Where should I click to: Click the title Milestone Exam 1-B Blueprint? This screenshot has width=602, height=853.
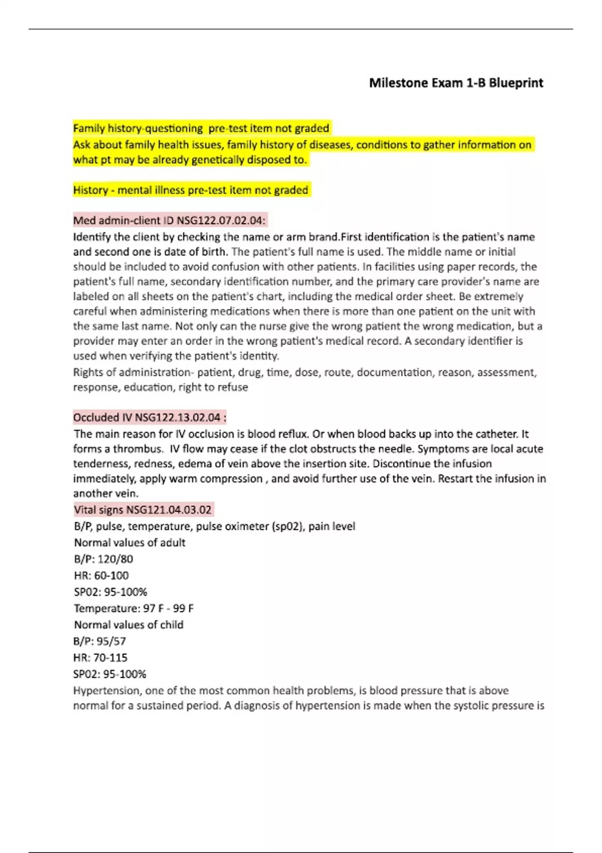(456, 83)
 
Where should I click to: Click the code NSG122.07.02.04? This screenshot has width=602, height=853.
(221, 220)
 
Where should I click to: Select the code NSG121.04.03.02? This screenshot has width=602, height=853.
(169, 510)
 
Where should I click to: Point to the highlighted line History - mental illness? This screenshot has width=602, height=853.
(191, 190)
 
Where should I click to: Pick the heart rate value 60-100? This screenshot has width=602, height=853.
(111, 576)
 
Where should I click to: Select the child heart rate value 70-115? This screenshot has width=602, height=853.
(110, 658)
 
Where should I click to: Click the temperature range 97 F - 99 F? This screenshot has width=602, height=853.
(169, 609)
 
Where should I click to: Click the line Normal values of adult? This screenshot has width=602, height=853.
(129, 542)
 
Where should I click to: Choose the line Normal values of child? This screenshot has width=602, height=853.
(128, 625)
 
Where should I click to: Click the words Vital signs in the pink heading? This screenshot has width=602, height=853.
(98, 510)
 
